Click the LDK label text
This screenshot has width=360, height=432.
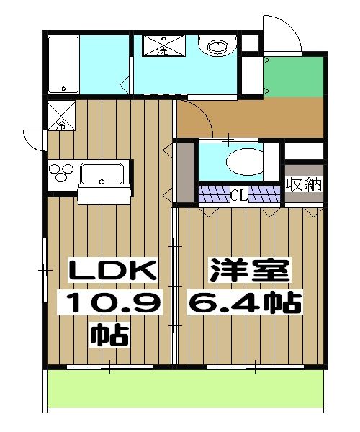click(x=111, y=271)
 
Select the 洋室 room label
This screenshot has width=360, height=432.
click(x=249, y=271)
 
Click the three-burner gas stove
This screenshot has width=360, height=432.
click(x=62, y=174)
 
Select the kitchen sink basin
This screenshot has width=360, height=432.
click(x=103, y=174)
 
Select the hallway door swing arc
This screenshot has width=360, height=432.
click(x=194, y=119)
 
